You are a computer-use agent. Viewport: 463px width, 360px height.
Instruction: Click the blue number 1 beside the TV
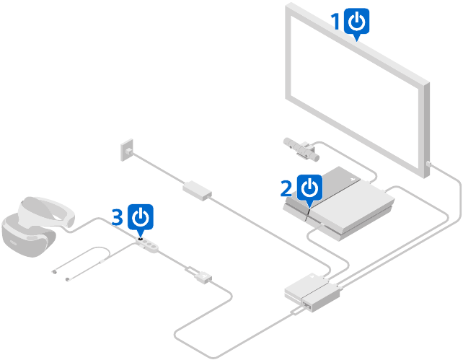coord(335,22)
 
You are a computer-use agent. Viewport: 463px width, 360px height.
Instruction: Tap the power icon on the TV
coord(357,22)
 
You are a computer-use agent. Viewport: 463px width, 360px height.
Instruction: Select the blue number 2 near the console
coord(286,188)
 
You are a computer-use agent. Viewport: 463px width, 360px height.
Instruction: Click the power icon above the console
coord(309,188)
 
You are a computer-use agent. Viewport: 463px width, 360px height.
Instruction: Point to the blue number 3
coord(118,216)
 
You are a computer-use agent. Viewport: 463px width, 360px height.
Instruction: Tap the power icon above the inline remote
coord(141,216)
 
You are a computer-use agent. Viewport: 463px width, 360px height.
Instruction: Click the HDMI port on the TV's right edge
coord(428,164)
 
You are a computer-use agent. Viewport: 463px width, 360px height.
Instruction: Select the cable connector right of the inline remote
coord(200,274)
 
